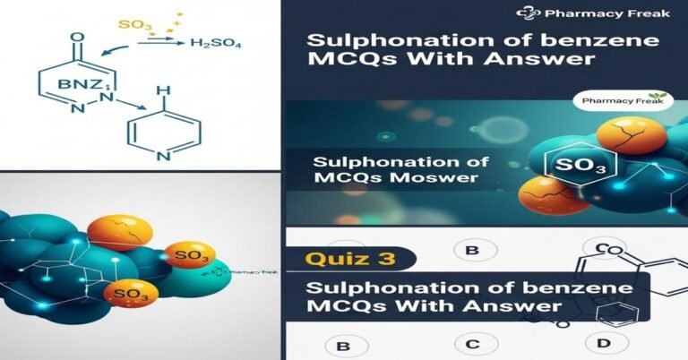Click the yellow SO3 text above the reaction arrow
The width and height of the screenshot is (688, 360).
coord(135,25)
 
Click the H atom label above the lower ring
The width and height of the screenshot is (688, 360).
coord(161,91)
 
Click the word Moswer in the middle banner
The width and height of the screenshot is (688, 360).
coord(432,180)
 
